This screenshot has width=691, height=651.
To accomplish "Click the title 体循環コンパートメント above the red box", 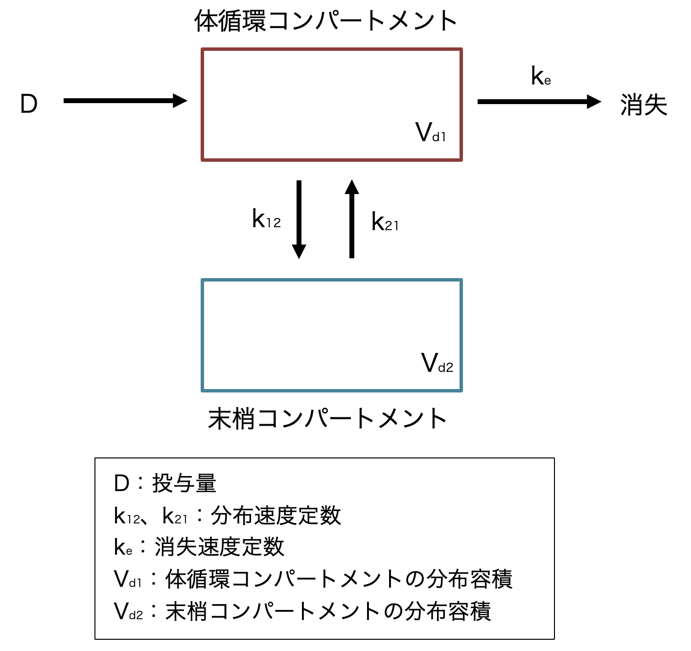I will (x=325, y=22).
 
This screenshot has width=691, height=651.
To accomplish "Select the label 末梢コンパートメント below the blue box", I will (x=327, y=419).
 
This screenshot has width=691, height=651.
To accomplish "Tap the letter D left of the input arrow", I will (x=29, y=104).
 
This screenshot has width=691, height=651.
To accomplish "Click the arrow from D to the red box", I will (x=125, y=101).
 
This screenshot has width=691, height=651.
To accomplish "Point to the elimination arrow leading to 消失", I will (x=539, y=102).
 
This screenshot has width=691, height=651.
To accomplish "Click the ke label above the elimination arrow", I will (x=541, y=76).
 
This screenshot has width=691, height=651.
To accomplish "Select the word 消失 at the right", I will (x=644, y=105).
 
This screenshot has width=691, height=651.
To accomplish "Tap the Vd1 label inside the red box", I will (x=431, y=132).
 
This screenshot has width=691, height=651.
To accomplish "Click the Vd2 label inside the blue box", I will (x=437, y=363).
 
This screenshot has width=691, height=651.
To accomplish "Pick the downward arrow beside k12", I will (x=299, y=219).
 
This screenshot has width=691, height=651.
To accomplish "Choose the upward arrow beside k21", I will (x=351, y=219).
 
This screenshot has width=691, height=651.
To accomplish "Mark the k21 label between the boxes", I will (x=385, y=222).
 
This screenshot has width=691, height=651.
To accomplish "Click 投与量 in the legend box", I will (x=184, y=483).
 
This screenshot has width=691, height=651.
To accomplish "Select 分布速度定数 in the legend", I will (x=276, y=516).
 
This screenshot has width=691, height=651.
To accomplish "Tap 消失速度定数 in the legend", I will (x=219, y=547).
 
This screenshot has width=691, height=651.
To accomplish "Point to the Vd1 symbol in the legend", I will (x=127, y=580).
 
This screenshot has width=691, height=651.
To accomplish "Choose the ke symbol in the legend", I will (x=123, y=547).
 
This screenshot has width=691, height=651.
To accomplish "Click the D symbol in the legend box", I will (x=121, y=483).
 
